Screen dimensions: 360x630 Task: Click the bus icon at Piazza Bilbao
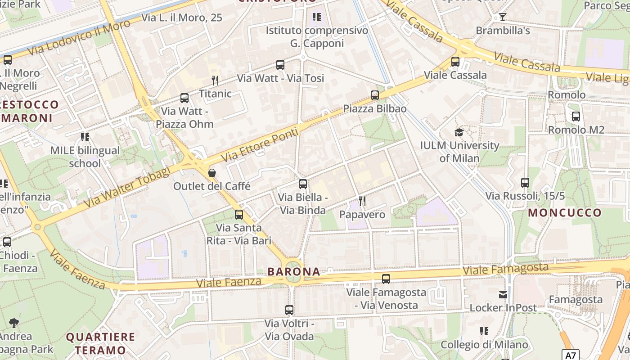[375, 95]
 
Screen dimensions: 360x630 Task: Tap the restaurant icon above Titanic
[215, 81]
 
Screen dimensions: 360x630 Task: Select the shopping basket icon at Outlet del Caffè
[211, 173]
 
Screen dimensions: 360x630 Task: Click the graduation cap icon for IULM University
[459, 132]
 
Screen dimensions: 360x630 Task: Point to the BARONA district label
[294, 272]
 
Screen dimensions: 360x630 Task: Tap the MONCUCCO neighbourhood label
[565, 213]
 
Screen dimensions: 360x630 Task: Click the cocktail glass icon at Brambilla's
[503, 17]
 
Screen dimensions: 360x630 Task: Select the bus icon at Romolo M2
[576, 117]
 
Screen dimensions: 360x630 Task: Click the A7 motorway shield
[570, 355]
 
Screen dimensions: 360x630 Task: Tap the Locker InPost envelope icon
[503, 295]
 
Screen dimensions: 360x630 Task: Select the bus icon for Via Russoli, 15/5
[525, 183]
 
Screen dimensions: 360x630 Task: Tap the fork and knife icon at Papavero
[362, 201]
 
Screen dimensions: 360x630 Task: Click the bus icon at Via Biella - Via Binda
[303, 184]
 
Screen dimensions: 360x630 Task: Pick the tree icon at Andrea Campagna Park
[14, 323]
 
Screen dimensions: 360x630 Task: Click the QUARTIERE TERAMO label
[100, 343]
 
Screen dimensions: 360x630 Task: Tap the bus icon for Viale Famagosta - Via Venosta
[386, 279]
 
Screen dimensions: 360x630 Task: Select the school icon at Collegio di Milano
[484, 332]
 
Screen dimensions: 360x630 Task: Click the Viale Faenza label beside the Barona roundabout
[229, 283]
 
